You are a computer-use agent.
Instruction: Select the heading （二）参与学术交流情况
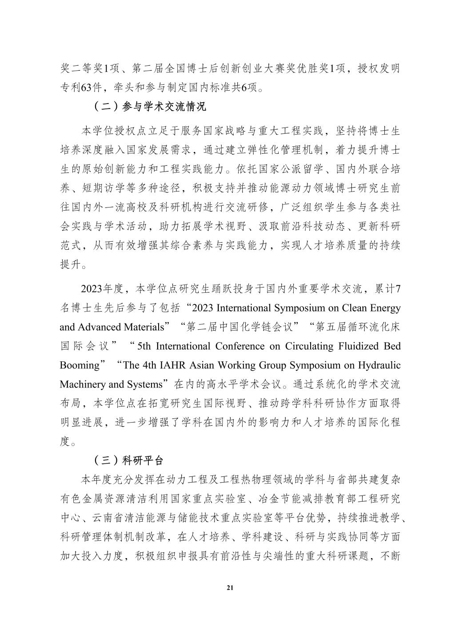[150, 107]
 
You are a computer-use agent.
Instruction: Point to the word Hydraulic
[379, 365]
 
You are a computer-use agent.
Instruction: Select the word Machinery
[80, 384]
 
